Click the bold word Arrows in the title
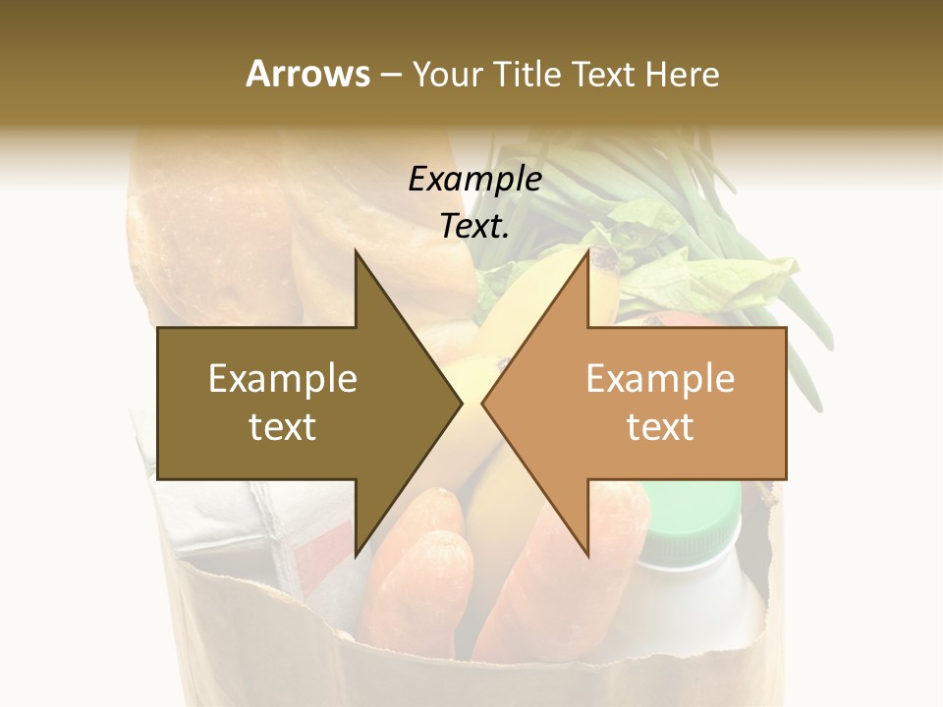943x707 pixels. coord(307,74)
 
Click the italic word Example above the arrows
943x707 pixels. coord(474,180)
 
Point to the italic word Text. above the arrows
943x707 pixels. coord(474,227)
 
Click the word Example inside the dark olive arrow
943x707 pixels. coord(283,379)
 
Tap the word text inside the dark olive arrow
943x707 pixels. coord(283,427)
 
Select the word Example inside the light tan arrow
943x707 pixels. coord(660,379)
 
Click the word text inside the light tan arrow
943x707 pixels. coord(660,427)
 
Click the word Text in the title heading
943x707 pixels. coord(604,74)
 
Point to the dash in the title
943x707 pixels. coord(390,75)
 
